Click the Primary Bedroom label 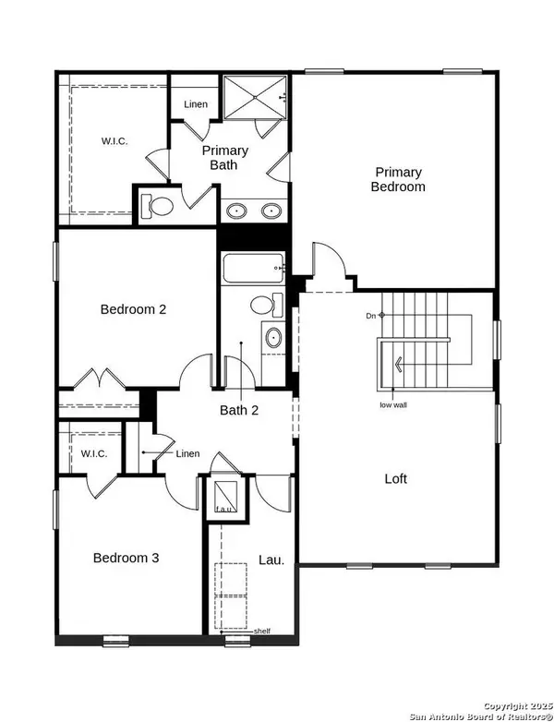(x=398, y=179)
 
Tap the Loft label (x=395, y=479)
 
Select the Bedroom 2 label (x=133, y=309)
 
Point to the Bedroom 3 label (x=126, y=558)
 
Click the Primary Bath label (x=225, y=158)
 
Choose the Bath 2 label (x=238, y=410)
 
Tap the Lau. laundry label (x=271, y=560)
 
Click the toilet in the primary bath (x=157, y=207)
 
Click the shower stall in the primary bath (x=256, y=97)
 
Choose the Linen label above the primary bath (x=195, y=104)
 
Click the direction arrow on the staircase (x=397, y=363)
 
